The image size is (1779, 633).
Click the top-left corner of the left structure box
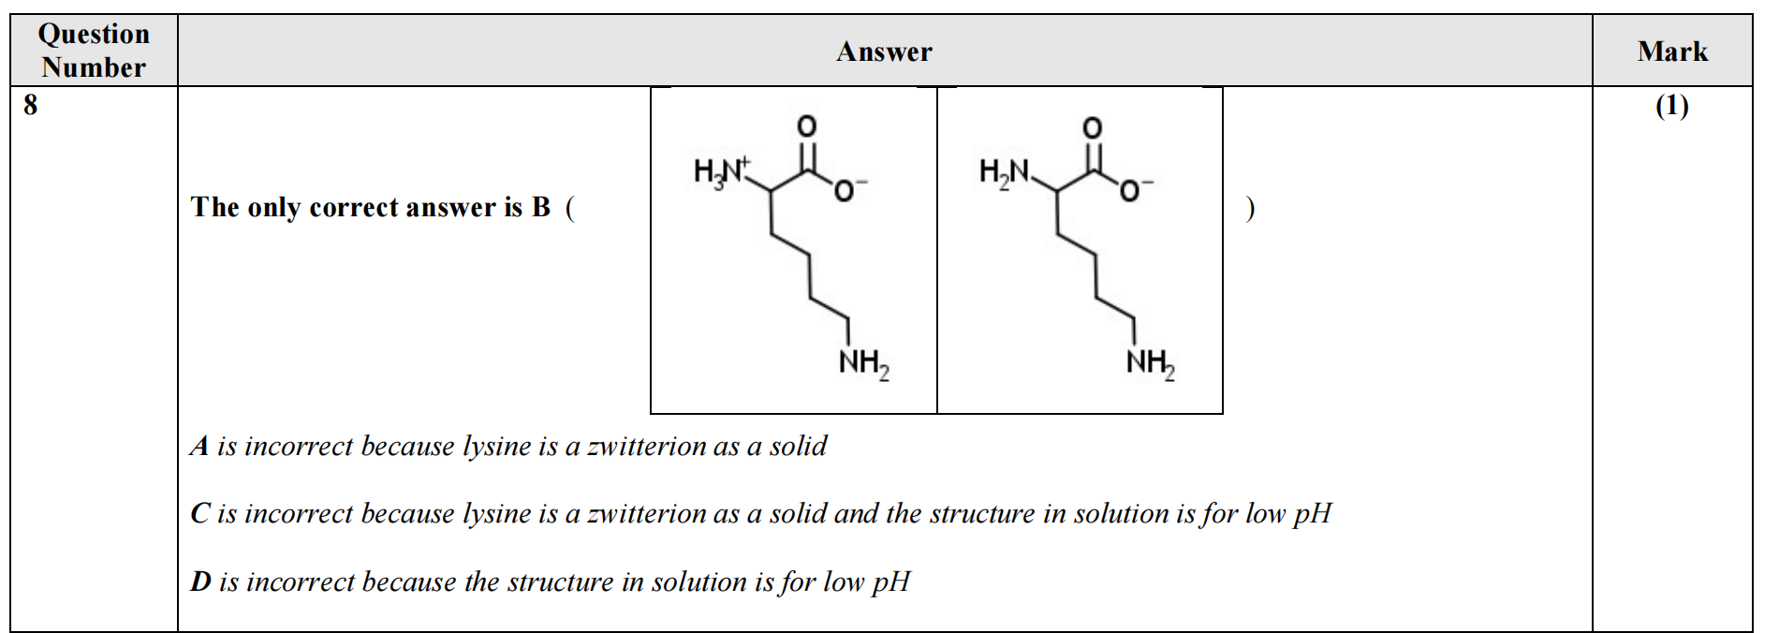pyautogui.click(x=651, y=88)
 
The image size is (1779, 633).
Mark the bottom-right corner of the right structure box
pyautogui.click(x=1223, y=413)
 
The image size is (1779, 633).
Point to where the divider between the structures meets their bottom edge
pyautogui.click(x=937, y=413)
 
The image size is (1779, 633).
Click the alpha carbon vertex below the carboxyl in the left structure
pyautogui.click(x=771, y=191)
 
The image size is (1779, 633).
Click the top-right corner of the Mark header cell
pyautogui.click(x=1752, y=15)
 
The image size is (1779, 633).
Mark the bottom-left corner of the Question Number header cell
pyautogui.click(x=11, y=86)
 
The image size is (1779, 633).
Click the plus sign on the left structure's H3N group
pyautogui.click(x=745, y=161)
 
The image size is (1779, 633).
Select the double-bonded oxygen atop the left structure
pyautogui.click(x=806, y=125)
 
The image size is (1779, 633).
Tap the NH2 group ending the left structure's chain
pyautogui.click(x=863, y=363)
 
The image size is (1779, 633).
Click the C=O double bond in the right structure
pyautogui.click(x=1092, y=156)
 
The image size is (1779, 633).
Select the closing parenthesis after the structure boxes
pyautogui.click(x=1250, y=208)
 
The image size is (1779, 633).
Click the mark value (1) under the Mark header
pyautogui.click(x=1672, y=106)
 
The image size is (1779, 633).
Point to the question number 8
pyautogui.click(x=31, y=104)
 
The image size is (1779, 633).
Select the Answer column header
pyautogui.click(x=884, y=52)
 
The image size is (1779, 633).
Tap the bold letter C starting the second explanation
pyautogui.click(x=199, y=513)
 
